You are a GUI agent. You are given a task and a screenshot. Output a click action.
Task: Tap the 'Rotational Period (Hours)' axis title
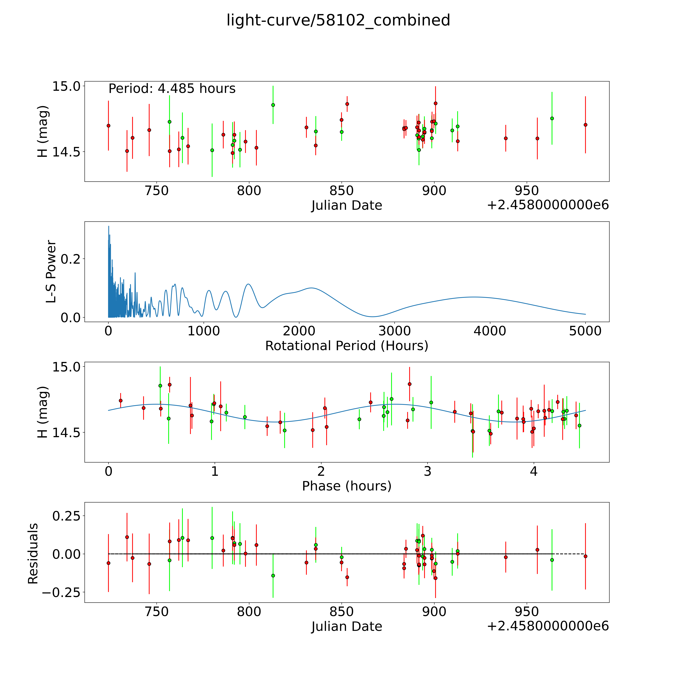coord(347,346)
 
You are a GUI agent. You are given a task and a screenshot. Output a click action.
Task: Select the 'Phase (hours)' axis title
coord(347,486)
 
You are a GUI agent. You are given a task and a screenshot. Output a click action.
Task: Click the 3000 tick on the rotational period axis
coord(395,331)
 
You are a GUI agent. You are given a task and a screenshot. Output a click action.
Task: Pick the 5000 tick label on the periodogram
coord(585,331)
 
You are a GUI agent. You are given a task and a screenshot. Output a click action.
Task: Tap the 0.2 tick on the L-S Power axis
coord(70,259)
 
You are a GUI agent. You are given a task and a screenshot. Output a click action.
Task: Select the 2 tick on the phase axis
coord(321,471)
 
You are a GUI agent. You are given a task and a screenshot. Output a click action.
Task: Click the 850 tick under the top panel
coord(342,191)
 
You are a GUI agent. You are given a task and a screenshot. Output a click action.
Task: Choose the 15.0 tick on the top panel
coord(66,86)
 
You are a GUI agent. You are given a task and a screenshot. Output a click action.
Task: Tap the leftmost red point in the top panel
coord(108,125)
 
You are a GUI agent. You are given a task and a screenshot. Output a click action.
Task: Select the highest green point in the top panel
coord(273,105)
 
